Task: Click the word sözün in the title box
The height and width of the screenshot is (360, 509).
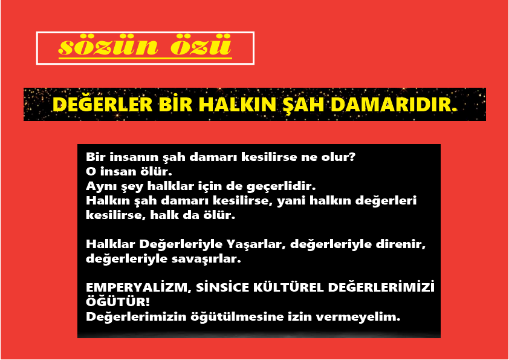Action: click(x=108, y=45)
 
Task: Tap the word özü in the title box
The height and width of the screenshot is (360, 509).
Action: click(x=201, y=45)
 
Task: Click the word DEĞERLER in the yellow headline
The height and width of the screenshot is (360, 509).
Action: click(x=103, y=104)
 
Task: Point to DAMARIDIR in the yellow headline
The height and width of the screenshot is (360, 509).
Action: click(x=394, y=105)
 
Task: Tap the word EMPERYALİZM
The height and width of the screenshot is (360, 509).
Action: click(x=138, y=288)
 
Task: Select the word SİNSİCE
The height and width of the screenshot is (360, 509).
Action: click(x=222, y=287)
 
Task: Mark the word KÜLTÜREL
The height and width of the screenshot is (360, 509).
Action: click(x=288, y=287)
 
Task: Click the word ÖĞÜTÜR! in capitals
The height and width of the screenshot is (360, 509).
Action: click(x=117, y=301)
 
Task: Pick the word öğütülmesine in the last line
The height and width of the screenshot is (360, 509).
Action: click(x=237, y=317)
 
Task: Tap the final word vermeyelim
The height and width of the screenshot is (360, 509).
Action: click(x=358, y=317)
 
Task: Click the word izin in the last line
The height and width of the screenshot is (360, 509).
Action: click(x=300, y=316)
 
